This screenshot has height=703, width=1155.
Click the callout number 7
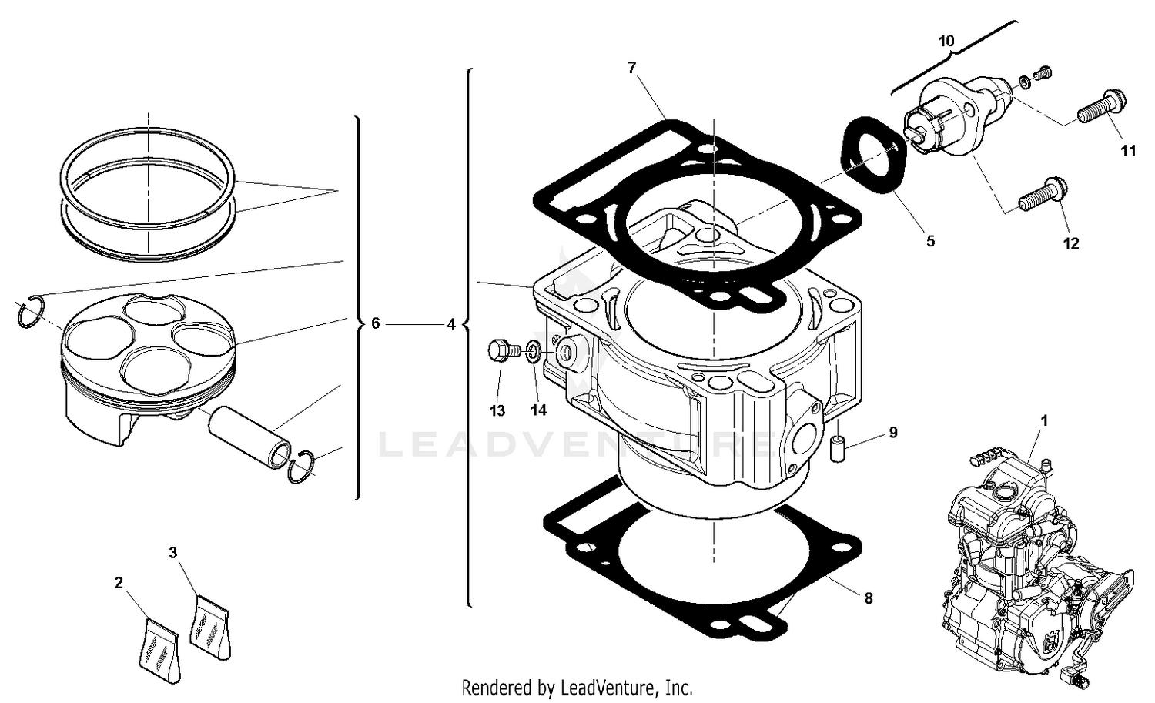pyautogui.click(x=631, y=68)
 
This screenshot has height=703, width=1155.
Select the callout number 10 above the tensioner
pyautogui.click(x=946, y=41)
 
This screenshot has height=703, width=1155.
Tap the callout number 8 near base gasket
pyautogui.click(x=868, y=598)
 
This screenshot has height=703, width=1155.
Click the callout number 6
pyautogui.click(x=375, y=324)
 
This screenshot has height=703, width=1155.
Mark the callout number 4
pyautogui.click(x=451, y=324)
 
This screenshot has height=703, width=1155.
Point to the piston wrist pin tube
pyautogui.click(x=249, y=436)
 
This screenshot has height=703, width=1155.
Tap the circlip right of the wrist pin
pyautogui.click(x=303, y=467)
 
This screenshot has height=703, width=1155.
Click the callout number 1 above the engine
pyautogui.click(x=1044, y=421)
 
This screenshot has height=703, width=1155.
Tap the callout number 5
pyautogui.click(x=930, y=241)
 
